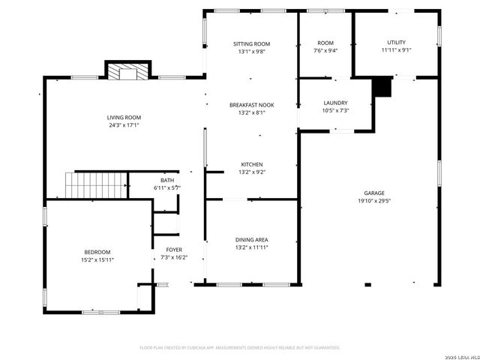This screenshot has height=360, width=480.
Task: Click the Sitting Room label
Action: click(x=251, y=43)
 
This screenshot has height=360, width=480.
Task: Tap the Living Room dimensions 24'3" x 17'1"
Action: click(x=124, y=126)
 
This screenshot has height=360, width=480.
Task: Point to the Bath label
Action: click(x=167, y=180)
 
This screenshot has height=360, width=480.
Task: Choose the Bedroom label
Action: click(x=97, y=252)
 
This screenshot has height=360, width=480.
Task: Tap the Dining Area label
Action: click(x=252, y=240)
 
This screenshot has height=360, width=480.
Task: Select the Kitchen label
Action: click(x=252, y=164)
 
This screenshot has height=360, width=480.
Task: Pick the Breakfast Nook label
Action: click(x=252, y=105)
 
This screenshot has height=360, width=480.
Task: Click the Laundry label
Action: click(x=335, y=103)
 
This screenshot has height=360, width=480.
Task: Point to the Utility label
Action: click(x=396, y=42)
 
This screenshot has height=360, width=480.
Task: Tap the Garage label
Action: click(x=374, y=193)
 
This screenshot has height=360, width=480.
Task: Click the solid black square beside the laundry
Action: click(x=382, y=87)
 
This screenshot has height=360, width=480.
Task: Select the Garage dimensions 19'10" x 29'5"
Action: click(x=374, y=200)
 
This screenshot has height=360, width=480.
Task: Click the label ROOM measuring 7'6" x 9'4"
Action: click(x=325, y=43)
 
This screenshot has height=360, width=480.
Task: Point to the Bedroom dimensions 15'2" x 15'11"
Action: click(x=97, y=259)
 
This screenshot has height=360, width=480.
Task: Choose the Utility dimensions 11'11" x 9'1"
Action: click(x=396, y=50)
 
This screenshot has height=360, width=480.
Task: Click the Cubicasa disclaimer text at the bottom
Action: click(x=240, y=347)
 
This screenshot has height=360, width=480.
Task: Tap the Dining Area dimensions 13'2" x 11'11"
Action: click(x=252, y=247)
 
